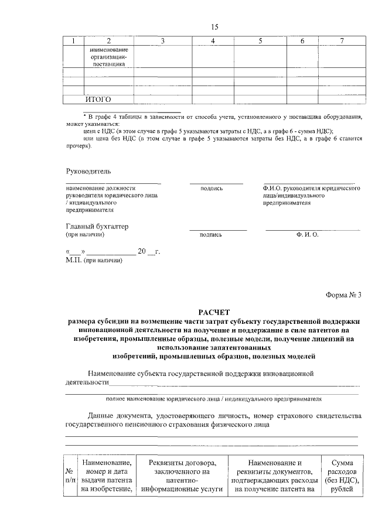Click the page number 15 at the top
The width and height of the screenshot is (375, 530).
point(214,26)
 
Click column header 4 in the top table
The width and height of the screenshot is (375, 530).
point(213,41)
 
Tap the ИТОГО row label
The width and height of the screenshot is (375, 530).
point(98,99)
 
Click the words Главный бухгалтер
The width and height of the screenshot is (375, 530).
point(97,226)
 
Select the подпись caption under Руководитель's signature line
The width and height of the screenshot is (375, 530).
point(212,189)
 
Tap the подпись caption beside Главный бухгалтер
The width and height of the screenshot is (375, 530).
point(210,235)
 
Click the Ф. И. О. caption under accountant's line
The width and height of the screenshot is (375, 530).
point(307,234)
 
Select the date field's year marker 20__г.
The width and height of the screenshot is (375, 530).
point(148,251)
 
